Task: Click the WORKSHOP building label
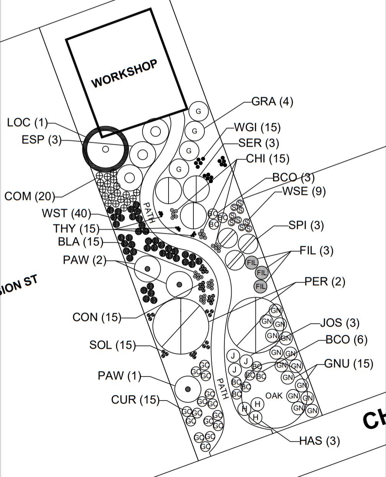pos(124,74)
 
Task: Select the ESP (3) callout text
pos(41,140)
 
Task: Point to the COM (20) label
pos(29,197)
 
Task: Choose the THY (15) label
pos(76,229)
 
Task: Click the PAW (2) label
pos(85,260)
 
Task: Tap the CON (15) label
pos(97,317)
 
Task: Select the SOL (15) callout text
pos(113,345)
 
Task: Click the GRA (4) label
pos(272,102)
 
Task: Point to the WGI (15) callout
pos(257,127)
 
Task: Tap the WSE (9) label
pos(304,191)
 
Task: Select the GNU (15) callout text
pos(348,363)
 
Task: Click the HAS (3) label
pos(319,441)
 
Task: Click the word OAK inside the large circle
pos(274,396)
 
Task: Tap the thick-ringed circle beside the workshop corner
pos(106,148)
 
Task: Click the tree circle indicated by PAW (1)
pos(188,389)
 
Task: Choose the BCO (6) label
pos(346,340)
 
